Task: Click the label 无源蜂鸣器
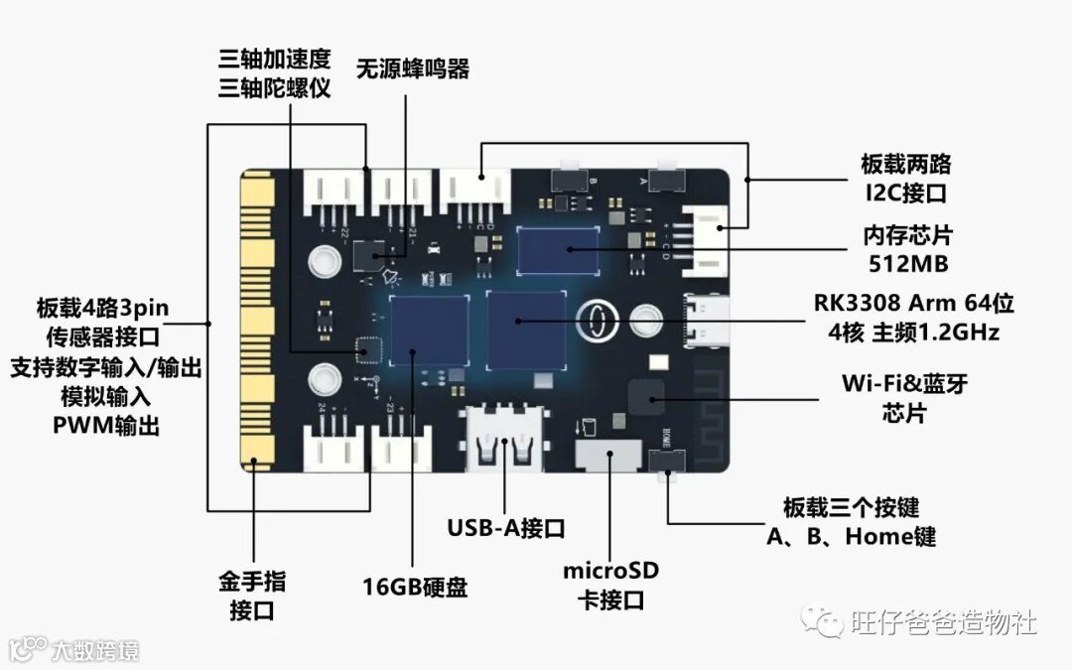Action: coord(413,68)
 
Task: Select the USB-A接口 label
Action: coord(506,526)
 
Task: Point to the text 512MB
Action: coord(906,263)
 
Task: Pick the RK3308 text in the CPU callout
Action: coord(856,303)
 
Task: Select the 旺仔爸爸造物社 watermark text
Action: coord(943,622)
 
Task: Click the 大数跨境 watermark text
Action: coord(95,651)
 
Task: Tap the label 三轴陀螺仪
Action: coord(274,87)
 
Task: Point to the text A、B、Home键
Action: coord(852,537)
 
